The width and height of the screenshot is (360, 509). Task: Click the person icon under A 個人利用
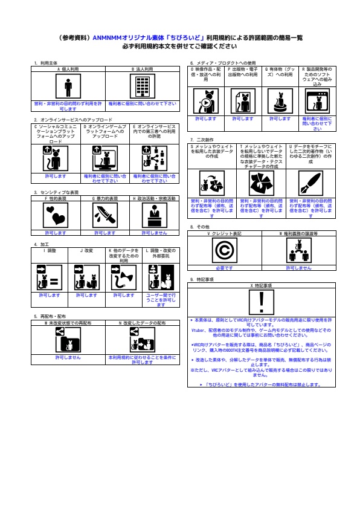[68, 87]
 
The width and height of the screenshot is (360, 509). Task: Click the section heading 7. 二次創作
[201, 140]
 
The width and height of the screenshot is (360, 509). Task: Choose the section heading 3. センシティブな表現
[56, 192]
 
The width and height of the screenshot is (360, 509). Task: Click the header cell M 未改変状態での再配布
[68, 324]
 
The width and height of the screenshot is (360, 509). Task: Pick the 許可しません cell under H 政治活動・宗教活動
[154, 232]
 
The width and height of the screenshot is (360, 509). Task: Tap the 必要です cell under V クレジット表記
[224, 267]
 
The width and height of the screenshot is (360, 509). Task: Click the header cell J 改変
[86, 249]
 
